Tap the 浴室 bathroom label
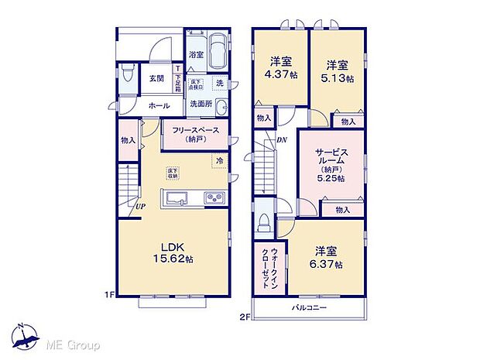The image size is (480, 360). [x=197, y=55]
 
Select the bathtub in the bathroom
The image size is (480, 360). [x=217, y=51]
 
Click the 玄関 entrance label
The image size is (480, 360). [x=156, y=78]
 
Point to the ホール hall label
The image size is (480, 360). [x=159, y=105]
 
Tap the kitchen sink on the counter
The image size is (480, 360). [x=177, y=198]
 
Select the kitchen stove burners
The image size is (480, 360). [x=213, y=199]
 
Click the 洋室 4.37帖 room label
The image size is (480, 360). [x=279, y=67]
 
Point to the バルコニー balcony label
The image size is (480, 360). [x=309, y=309]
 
